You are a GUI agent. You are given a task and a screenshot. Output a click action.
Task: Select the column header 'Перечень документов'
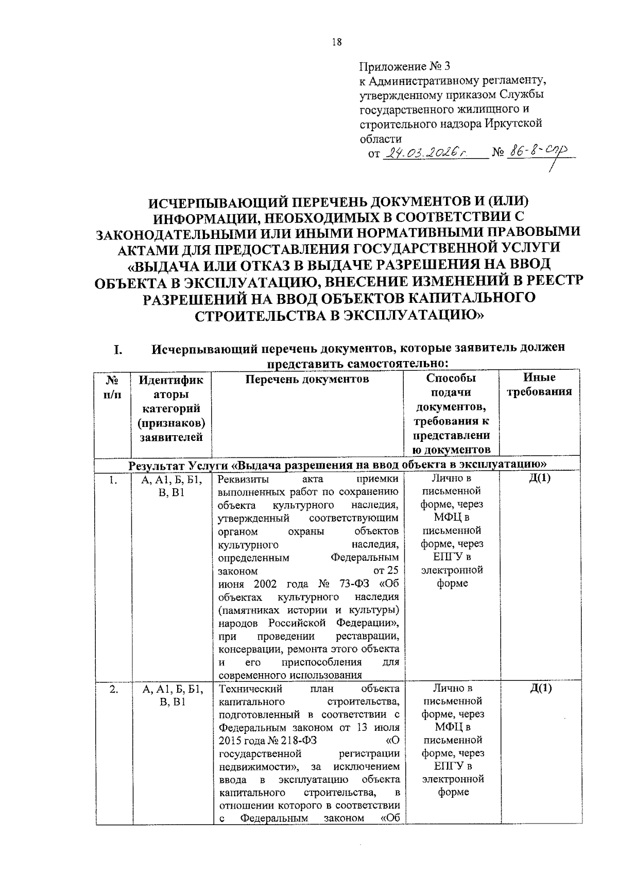[x=307, y=380]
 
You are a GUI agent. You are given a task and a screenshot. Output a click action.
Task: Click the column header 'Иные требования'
[x=539, y=385]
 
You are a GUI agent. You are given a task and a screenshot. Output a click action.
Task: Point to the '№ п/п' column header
[x=113, y=385]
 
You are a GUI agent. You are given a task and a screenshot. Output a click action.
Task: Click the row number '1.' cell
[x=113, y=480]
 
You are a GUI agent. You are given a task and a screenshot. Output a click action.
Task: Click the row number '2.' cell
[x=113, y=689]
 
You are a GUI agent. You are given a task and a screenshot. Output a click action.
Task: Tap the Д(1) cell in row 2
[x=540, y=689]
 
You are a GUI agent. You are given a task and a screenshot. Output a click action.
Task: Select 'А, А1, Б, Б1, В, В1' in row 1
[x=171, y=486]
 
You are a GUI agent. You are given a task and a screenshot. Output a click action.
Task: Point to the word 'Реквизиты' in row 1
[x=243, y=480]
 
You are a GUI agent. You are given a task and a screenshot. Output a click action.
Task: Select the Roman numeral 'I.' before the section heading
[x=118, y=350]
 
